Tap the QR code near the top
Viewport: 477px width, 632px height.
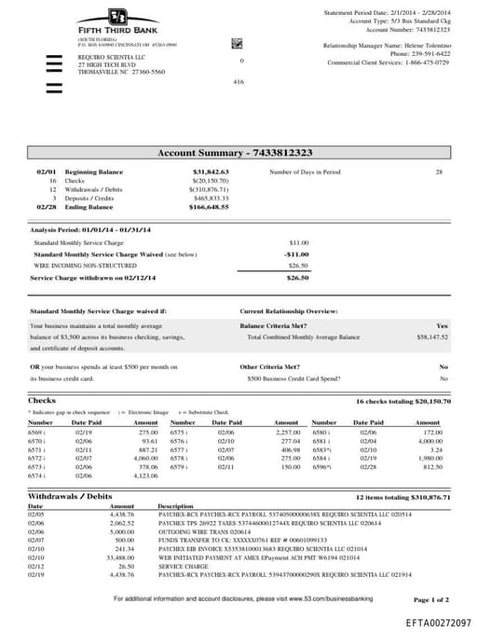point(237,44)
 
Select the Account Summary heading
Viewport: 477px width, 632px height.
point(234,152)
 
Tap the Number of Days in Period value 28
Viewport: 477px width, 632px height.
point(439,172)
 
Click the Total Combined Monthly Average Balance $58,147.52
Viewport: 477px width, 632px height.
point(432,337)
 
